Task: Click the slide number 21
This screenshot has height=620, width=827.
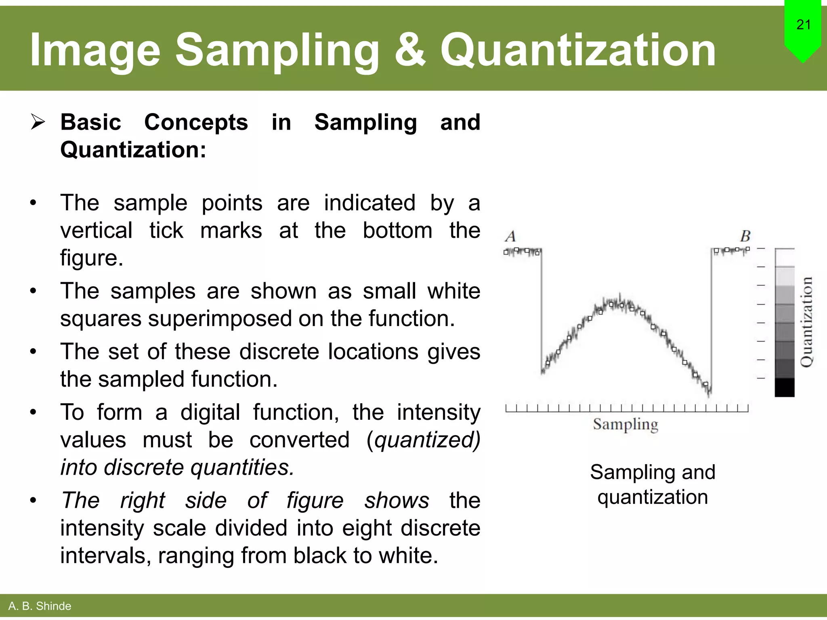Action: click(803, 25)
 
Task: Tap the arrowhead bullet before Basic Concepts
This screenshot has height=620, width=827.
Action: click(38, 122)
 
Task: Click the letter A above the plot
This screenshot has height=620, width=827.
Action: click(510, 236)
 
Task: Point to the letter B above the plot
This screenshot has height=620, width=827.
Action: click(745, 236)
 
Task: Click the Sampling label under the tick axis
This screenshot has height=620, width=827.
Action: click(625, 425)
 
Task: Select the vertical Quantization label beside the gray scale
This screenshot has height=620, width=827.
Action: click(806, 322)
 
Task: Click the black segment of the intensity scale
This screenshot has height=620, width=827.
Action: click(784, 387)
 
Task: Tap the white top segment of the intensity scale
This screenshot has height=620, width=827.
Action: click(784, 258)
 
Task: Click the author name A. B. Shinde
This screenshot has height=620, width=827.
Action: click(40, 606)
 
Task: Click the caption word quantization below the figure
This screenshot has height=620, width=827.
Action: click(653, 497)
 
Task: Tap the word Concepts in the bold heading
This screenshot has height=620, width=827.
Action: click(196, 122)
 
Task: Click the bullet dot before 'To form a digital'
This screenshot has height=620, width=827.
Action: click(33, 413)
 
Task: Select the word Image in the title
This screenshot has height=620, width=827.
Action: click(95, 50)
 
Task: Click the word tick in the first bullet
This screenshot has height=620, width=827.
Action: click(166, 230)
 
